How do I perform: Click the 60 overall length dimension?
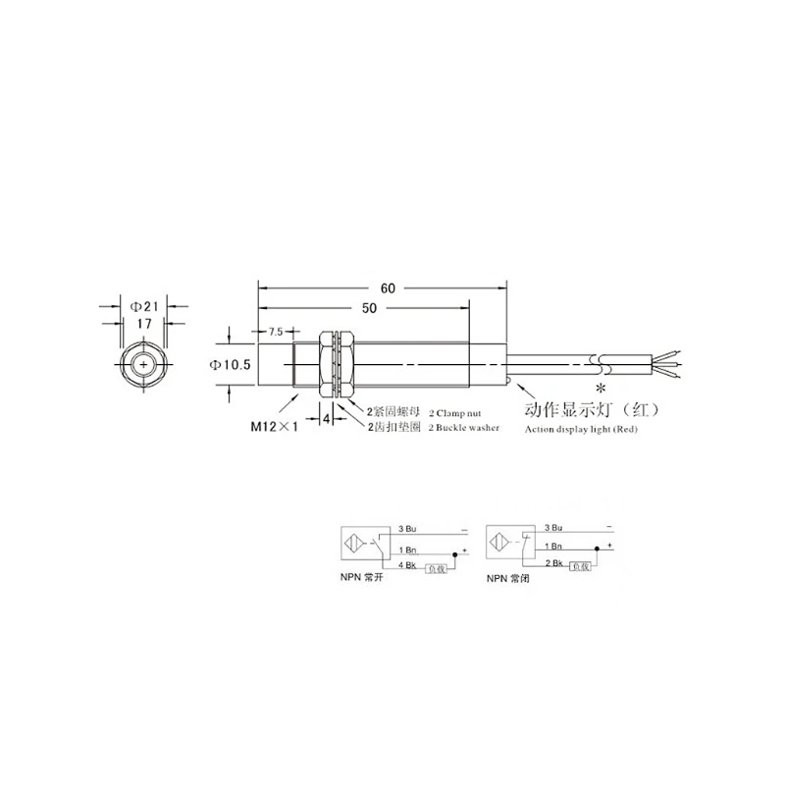point(388,288)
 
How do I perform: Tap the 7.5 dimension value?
point(275,331)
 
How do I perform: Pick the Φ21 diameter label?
point(144,301)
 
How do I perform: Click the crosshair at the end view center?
point(145,367)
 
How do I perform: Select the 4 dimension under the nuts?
point(326,419)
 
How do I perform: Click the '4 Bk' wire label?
point(407,566)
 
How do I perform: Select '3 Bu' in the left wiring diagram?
point(407,529)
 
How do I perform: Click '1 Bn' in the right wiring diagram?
point(552,545)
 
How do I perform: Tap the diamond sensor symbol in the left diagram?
point(352,542)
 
